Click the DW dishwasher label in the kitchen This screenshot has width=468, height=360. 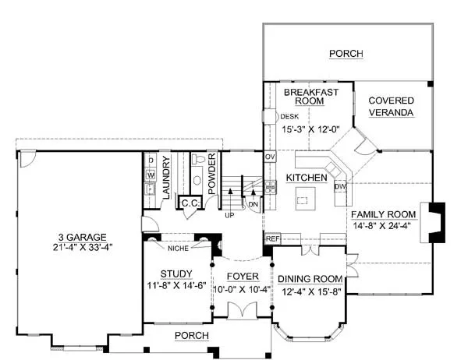(x=340, y=187)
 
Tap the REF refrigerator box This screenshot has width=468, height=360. (x=272, y=238)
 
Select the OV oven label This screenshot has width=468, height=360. (x=270, y=157)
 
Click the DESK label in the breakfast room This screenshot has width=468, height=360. (x=289, y=117)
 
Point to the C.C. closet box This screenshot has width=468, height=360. (x=190, y=203)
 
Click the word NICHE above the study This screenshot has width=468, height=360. (x=178, y=248)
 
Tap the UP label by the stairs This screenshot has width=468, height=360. (x=229, y=215)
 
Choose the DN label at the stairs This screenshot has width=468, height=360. (x=253, y=205)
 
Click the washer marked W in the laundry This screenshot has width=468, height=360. (x=151, y=175)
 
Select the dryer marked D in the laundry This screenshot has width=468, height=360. (x=151, y=161)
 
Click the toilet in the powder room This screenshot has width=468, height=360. (x=197, y=159)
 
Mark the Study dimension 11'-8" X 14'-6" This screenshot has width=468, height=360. (x=177, y=285)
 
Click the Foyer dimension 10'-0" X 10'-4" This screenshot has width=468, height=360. (x=242, y=289)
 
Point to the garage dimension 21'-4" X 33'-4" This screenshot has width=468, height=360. (x=83, y=247)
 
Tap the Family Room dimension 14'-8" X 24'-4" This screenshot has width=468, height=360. (x=382, y=225)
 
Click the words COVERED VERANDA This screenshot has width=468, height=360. (x=391, y=107)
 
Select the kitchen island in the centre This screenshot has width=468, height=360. (x=305, y=199)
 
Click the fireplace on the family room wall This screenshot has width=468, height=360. (x=433, y=222)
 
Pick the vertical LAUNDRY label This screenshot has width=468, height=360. (x=166, y=178)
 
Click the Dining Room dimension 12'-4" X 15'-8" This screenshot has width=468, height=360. (x=311, y=291)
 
